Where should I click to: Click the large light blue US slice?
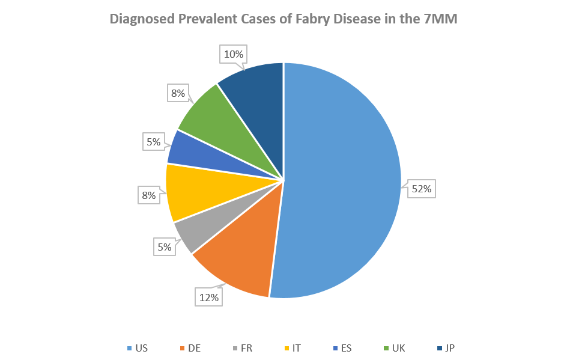pyautogui.click(x=342, y=180)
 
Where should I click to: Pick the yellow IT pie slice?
pyautogui.click(x=192, y=192)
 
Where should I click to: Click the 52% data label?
pyautogui.click(x=421, y=189)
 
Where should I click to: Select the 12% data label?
pyautogui.click(x=208, y=296)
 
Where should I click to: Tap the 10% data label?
pyautogui.click(x=234, y=55)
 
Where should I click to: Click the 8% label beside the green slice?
pyautogui.click(x=177, y=93)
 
